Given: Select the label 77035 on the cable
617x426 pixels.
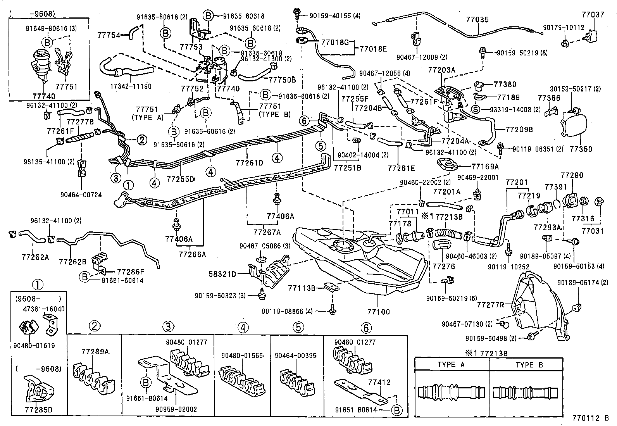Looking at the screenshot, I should coord(477,19).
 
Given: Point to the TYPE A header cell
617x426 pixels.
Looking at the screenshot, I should coord(451,364).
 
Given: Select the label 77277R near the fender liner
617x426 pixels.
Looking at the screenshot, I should coord(490,305).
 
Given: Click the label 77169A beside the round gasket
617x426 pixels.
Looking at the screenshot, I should coord(485,166).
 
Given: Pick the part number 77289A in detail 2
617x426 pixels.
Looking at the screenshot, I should coord(95,352).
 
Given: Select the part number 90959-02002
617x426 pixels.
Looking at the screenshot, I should coord(176,409).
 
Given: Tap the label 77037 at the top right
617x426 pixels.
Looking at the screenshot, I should coord(593,15).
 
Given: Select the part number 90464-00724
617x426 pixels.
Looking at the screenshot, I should coord(81,195).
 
